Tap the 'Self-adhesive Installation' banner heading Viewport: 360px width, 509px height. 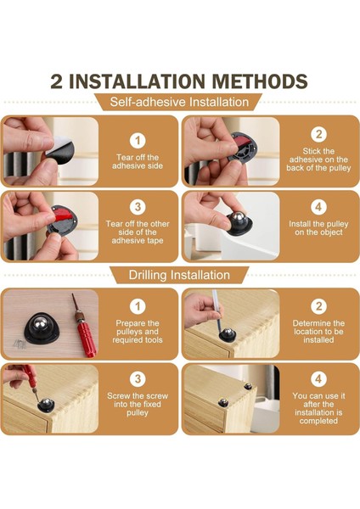pos(179,102)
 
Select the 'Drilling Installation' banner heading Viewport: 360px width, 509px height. pos(179,275)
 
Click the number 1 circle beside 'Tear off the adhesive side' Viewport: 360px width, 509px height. pos(138,141)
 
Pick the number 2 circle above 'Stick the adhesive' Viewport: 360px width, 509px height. pos(318,134)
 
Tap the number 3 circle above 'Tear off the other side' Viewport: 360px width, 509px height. pos(138,207)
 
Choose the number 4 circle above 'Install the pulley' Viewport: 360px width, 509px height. pos(318,207)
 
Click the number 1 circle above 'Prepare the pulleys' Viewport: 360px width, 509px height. pos(138,306)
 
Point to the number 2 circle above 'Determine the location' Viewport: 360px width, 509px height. pos(318,306)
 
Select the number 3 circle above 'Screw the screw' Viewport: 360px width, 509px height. pos(138,379)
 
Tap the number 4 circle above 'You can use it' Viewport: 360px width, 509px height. pos(318,379)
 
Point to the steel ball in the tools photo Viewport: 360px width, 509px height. pos(41,323)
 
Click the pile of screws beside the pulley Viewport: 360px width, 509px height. pos(20,344)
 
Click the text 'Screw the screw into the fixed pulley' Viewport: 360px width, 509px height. pos(138,404)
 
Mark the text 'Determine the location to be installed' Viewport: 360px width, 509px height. pos(318,332)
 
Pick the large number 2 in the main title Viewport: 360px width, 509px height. pos(56,81)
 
